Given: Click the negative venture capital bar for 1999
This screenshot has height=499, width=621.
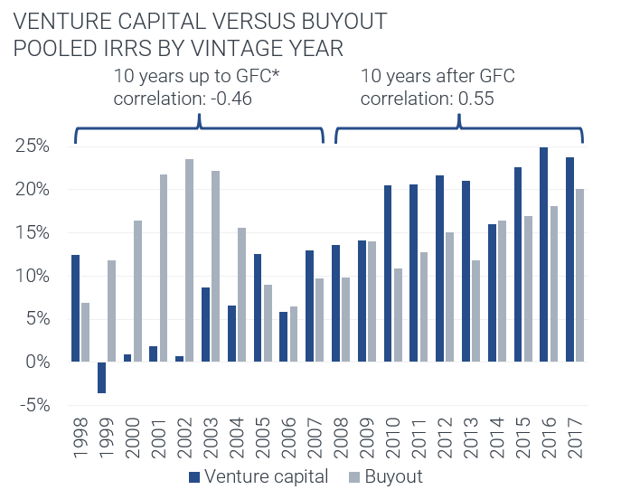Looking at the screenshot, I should [102, 377].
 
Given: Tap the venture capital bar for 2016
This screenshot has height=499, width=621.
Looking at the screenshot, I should [544, 254].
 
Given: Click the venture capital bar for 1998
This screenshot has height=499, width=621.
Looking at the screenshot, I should [76, 308].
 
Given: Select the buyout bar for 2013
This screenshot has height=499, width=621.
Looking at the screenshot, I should [476, 311].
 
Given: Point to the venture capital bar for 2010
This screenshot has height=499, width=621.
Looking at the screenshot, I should [388, 273].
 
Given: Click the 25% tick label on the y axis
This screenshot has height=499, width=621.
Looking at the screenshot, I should [33, 146].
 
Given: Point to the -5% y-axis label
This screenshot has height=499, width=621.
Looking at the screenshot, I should [33, 405].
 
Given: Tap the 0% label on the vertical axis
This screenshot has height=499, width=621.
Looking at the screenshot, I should [37, 362].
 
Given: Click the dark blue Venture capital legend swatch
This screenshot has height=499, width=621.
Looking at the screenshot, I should [194, 476].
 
